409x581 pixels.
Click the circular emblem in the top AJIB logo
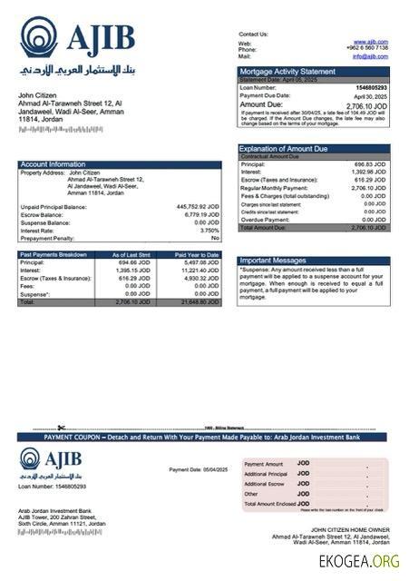(x=37, y=38)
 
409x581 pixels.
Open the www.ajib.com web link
(x=372, y=42)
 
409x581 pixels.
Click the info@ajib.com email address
(x=370, y=56)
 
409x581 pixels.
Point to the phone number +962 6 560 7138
(x=368, y=49)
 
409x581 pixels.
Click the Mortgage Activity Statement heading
(x=287, y=71)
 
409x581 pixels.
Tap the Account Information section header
(x=54, y=164)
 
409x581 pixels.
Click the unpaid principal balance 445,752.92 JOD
(x=197, y=206)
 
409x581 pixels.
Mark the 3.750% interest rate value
(x=209, y=230)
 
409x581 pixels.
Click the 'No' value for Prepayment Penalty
(x=215, y=238)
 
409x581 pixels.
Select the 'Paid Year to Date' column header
(x=197, y=255)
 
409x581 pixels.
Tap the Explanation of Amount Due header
(x=283, y=148)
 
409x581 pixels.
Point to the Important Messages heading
(x=274, y=261)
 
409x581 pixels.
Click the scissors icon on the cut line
(x=61, y=428)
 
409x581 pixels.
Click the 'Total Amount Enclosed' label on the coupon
(x=270, y=503)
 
